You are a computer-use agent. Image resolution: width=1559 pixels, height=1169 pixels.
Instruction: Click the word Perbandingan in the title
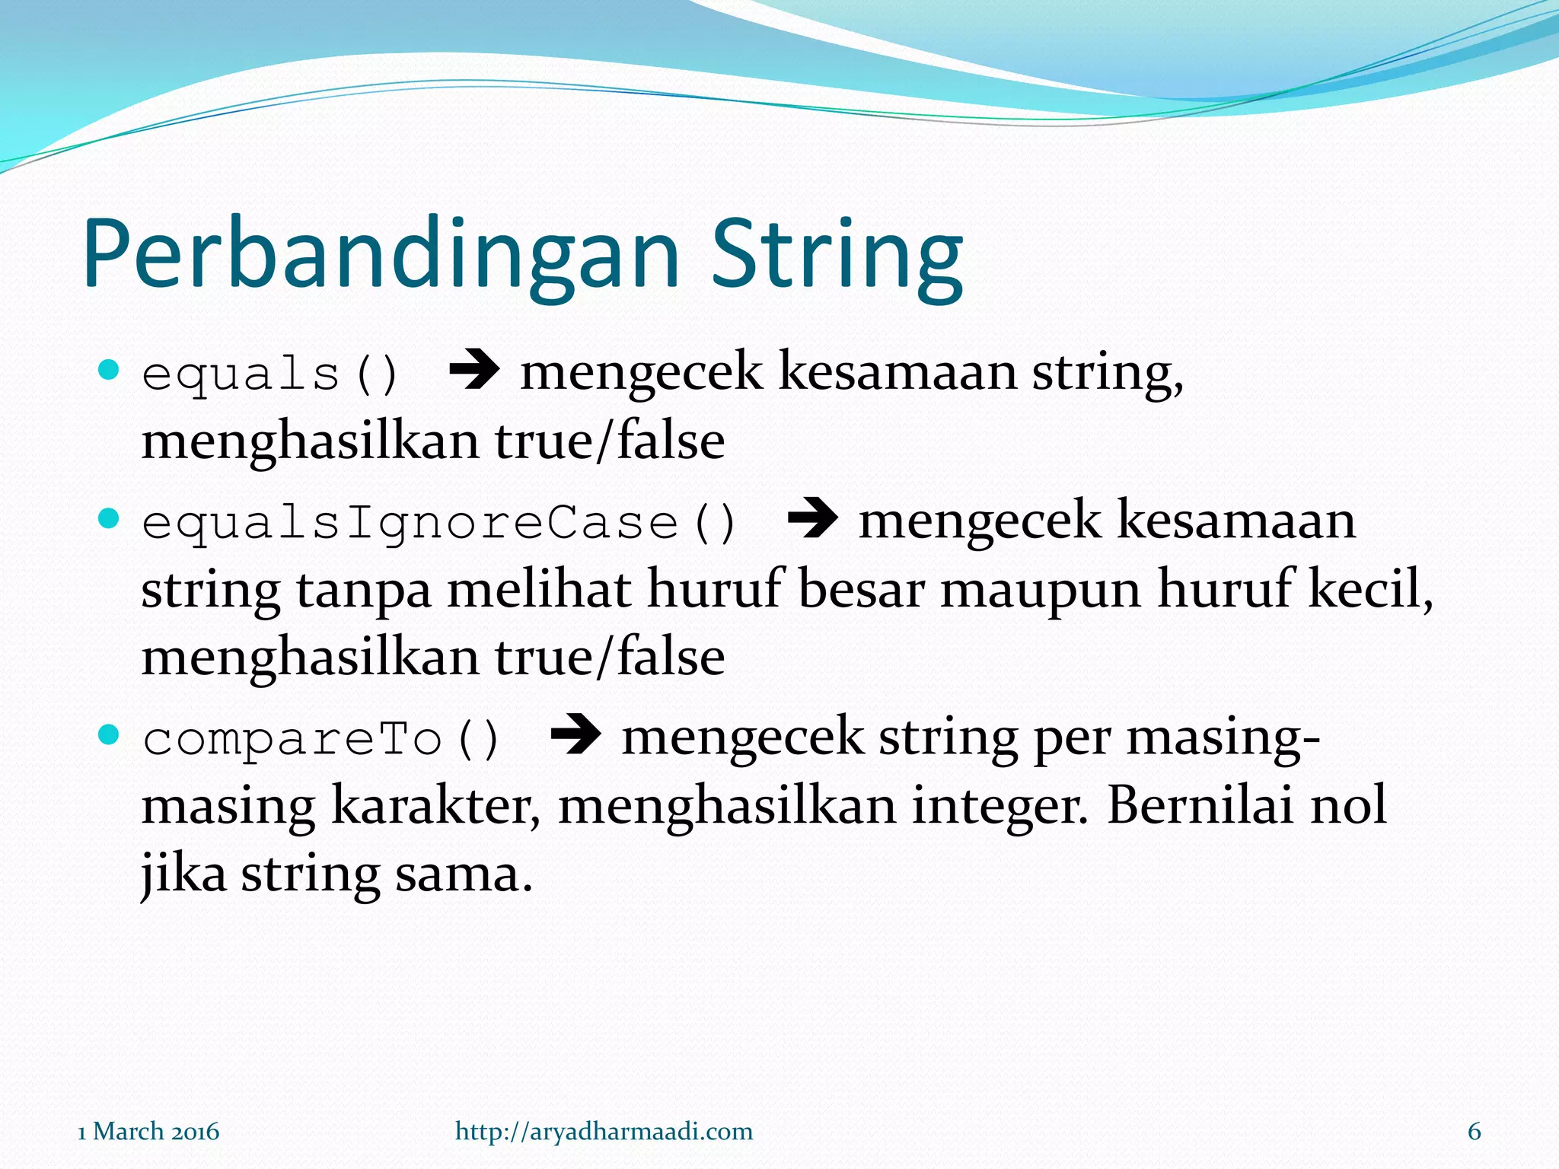pyautogui.click(x=381, y=255)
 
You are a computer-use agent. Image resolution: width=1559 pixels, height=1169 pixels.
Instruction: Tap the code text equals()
pyautogui.click(x=270, y=374)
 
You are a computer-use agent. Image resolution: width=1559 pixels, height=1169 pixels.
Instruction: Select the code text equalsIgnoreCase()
pyautogui.click(x=439, y=524)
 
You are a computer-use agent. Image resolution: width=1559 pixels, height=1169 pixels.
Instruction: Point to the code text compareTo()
pyautogui.click(x=321, y=739)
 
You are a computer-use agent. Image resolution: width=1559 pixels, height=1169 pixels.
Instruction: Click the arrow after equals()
pyautogui.click(x=473, y=371)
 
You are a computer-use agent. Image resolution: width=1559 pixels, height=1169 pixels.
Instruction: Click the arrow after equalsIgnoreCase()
pyautogui.click(x=812, y=520)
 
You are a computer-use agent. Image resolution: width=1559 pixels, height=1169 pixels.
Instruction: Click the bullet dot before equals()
pyautogui.click(x=110, y=371)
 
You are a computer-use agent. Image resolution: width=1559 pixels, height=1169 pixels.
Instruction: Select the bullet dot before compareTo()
pyautogui.click(x=110, y=735)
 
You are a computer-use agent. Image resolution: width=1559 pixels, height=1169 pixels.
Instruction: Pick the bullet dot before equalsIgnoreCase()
pyautogui.click(x=110, y=519)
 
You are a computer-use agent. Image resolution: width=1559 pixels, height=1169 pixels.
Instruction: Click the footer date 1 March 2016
pyautogui.click(x=148, y=1131)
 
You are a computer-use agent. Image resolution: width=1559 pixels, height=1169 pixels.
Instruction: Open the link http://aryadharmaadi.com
pyautogui.click(x=604, y=1131)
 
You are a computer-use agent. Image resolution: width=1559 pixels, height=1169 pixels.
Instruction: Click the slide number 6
pyautogui.click(x=1474, y=1131)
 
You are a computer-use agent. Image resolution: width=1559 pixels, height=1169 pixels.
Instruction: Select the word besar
pyautogui.click(x=860, y=589)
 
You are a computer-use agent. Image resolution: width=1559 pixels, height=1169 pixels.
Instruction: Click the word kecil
pyautogui.click(x=1369, y=589)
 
